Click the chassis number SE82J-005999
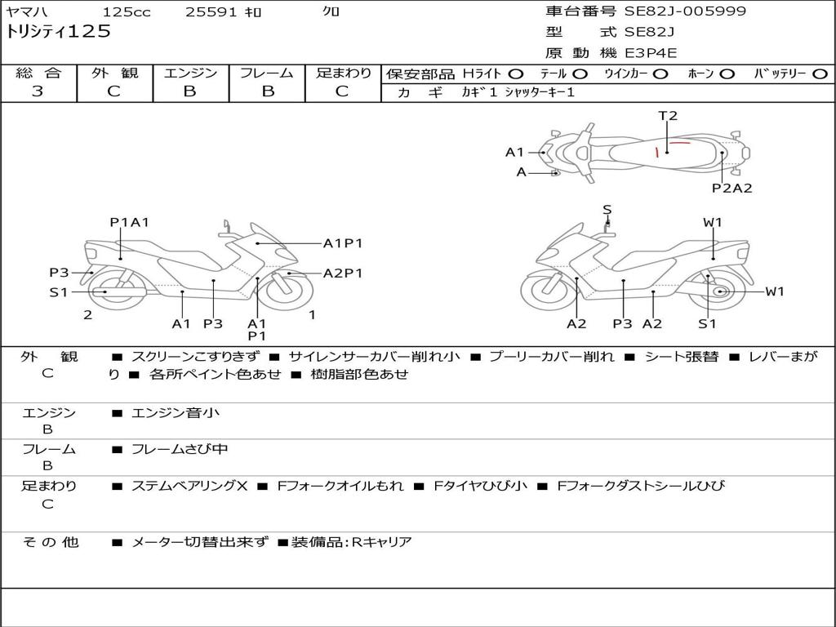point(685,11)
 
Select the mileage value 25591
point(211,11)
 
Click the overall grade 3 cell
point(38,91)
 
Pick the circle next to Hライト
point(516,74)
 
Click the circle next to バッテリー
point(820,74)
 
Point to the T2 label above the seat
point(668,116)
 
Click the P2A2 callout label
point(732,188)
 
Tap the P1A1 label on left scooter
point(129,222)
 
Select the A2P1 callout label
point(343,273)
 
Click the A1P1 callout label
point(343,243)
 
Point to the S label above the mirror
point(607,210)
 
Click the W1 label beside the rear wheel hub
point(775,291)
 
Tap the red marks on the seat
point(673,149)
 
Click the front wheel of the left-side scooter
point(288,291)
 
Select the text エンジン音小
point(176,412)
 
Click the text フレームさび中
point(180,449)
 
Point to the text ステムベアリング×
point(189,486)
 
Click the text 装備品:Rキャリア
point(351,542)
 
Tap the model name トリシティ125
point(58,32)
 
